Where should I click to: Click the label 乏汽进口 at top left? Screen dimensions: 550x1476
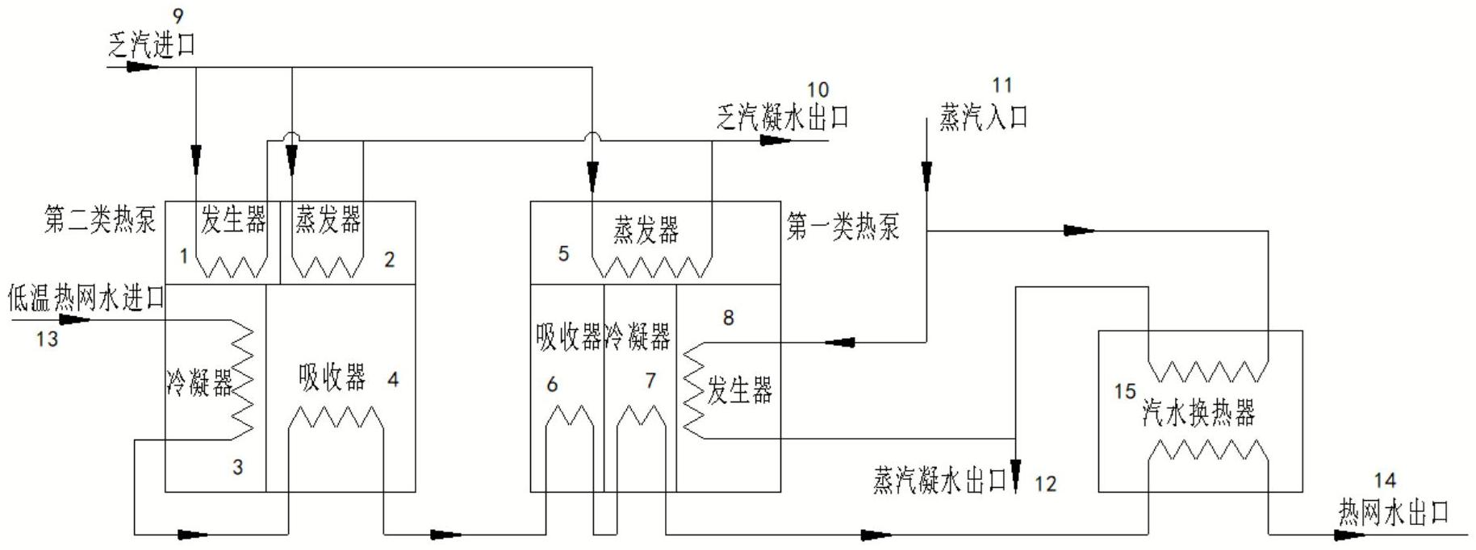[152, 44]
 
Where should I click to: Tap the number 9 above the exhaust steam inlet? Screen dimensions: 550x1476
[178, 15]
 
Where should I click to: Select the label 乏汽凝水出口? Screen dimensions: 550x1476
[783, 119]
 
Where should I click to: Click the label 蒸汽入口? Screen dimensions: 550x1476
[984, 118]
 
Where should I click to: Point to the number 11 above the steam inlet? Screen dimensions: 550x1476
[1001, 85]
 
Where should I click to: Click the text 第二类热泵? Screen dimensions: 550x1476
[100, 219]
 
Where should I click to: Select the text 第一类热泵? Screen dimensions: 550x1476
[843, 227]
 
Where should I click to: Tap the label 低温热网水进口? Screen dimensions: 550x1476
[86, 298]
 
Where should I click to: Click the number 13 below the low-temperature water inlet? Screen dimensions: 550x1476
[47, 340]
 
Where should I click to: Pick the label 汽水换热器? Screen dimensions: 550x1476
[1199, 412]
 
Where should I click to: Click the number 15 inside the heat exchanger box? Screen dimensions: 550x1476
[1125, 392]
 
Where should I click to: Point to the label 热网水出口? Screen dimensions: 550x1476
[1394, 513]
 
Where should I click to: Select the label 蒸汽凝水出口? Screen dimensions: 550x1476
[941, 481]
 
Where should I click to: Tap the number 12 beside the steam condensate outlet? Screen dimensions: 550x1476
[1045, 484]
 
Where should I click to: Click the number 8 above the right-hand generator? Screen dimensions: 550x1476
[728, 318]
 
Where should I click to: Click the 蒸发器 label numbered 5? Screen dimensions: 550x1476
[646, 230]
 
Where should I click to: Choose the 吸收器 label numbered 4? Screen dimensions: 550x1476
[332, 377]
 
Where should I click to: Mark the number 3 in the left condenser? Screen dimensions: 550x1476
[237, 467]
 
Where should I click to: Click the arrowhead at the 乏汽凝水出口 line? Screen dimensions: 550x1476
[776, 140]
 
